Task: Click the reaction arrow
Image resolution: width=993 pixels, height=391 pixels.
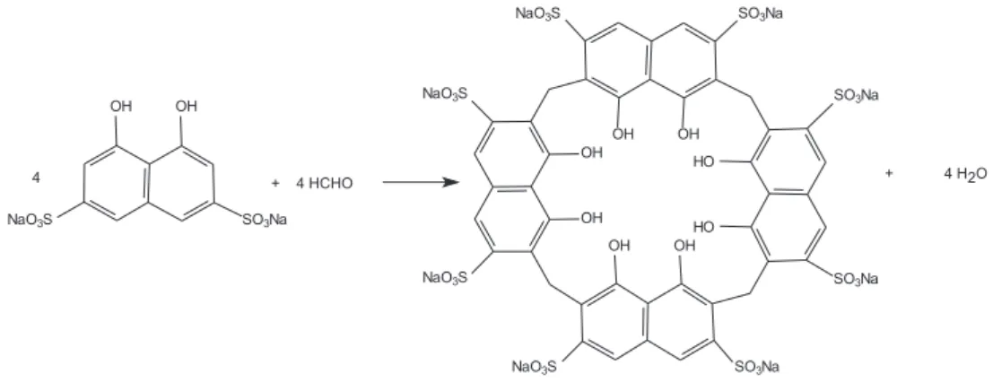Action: click(421, 183)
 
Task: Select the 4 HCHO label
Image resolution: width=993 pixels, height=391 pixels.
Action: click(324, 184)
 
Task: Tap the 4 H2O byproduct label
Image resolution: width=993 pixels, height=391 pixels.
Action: click(965, 175)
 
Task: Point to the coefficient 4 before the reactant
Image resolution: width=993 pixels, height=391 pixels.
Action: click(36, 179)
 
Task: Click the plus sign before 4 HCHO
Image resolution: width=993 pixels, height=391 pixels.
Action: click(274, 184)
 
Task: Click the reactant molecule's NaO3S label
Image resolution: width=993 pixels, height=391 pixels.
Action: click(30, 220)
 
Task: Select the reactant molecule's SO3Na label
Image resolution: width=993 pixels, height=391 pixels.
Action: click(266, 220)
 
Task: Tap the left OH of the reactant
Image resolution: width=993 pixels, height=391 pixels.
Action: click(122, 107)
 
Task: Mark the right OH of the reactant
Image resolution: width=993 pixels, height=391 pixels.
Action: click(187, 107)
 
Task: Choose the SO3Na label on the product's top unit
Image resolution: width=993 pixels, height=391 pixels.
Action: click(761, 13)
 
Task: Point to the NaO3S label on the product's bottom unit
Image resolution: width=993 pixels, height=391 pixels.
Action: click(535, 366)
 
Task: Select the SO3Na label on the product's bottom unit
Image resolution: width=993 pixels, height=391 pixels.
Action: click(757, 366)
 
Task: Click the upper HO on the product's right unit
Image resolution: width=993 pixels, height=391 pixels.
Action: click(704, 161)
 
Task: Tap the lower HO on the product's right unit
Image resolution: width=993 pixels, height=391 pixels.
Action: click(704, 227)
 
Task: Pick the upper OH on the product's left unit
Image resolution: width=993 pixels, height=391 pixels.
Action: click(591, 152)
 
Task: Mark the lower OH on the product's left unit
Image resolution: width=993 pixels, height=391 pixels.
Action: click(591, 218)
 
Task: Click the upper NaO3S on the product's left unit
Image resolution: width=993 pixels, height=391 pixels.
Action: click(445, 93)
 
